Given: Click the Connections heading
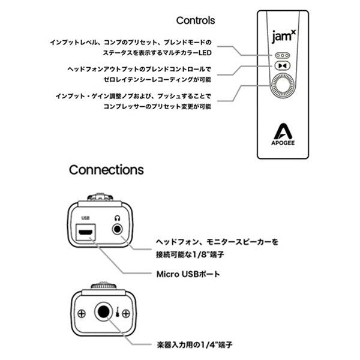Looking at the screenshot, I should [x=106, y=169].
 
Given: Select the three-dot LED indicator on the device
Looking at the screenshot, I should [x=281, y=55].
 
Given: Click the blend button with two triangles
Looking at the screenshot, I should [x=281, y=66].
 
